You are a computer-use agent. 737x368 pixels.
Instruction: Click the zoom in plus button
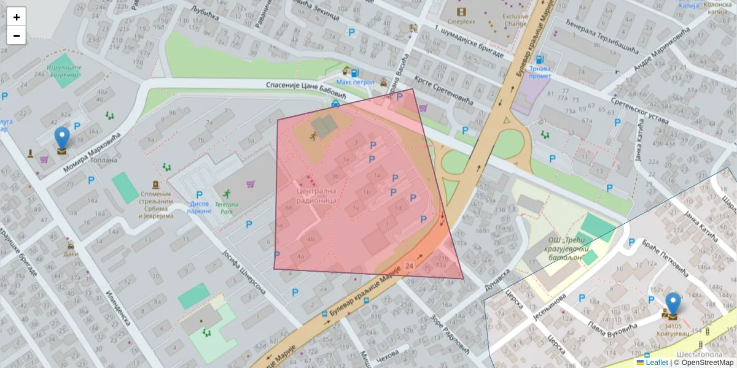(16, 17)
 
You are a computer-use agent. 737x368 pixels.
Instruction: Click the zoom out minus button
(16, 36)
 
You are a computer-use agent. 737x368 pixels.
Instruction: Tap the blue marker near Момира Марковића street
(61, 139)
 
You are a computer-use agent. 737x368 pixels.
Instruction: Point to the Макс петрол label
(355, 81)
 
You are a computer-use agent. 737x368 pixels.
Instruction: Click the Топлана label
(104, 161)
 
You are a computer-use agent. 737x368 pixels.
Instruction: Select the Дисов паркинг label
(199, 207)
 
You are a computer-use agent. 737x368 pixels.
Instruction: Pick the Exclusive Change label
(515, 20)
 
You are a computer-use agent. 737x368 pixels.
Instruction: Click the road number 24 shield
(409, 266)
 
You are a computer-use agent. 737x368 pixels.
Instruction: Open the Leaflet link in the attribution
(656, 362)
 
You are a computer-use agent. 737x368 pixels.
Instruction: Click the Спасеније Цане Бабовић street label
(306, 91)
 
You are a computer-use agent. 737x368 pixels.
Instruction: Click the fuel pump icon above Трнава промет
(539, 60)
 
